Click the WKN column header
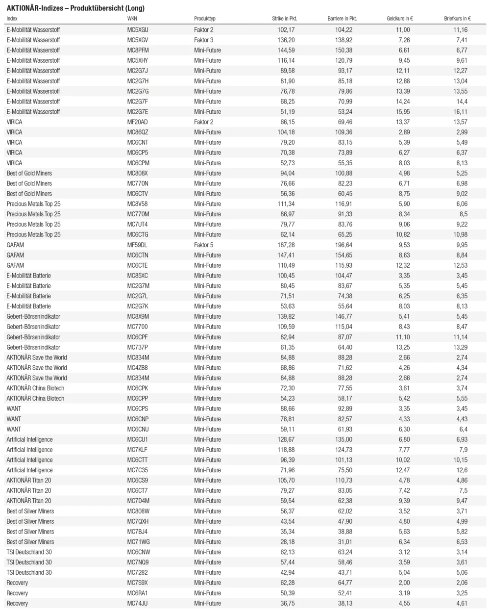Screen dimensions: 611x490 point(132,19)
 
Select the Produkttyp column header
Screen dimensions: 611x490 point(205,19)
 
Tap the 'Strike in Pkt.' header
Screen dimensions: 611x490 point(284,19)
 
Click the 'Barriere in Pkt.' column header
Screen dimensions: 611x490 point(342,19)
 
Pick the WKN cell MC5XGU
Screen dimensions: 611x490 point(138,30)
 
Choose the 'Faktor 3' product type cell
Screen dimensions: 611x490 point(204,40)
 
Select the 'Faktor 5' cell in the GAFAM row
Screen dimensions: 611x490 point(204,245)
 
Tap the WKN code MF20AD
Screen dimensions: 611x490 point(137,122)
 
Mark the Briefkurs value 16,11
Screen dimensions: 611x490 point(460,112)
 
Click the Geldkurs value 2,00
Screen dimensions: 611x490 point(404,583)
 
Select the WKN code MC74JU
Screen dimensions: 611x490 point(137,603)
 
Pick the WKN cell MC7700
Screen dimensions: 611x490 point(137,327)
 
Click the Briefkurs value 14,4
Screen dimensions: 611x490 point(462,102)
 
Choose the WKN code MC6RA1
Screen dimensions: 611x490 point(137,593)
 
